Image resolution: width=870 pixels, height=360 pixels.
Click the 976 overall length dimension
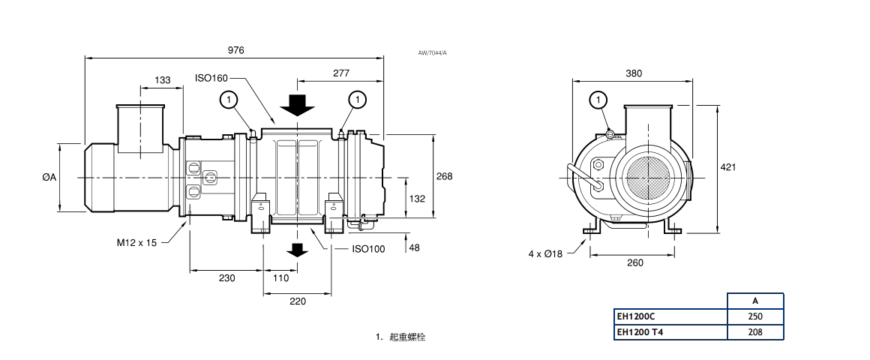(x=235, y=50)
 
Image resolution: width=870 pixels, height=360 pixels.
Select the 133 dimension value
(x=162, y=80)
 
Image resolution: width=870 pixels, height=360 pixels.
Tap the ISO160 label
(x=211, y=77)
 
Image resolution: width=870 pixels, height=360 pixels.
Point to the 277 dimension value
(x=341, y=73)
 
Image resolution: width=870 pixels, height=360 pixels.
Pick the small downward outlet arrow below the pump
(x=298, y=250)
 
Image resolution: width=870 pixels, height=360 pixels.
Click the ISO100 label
(x=367, y=249)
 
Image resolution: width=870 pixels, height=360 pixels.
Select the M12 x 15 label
(x=136, y=242)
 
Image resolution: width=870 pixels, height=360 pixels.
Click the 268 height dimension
(x=444, y=176)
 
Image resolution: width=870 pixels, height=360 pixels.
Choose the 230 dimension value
(x=226, y=277)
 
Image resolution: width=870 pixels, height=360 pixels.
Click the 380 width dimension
(x=633, y=73)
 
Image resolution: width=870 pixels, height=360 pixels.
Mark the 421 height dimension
(x=727, y=166)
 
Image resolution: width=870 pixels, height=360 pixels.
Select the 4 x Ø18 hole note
(x=545, y=253)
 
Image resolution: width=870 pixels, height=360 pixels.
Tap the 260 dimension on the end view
(x=634, y=262)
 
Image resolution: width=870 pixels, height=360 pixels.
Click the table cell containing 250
(x=755, y=316)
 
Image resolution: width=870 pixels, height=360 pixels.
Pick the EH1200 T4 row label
(x=641, y=331)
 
